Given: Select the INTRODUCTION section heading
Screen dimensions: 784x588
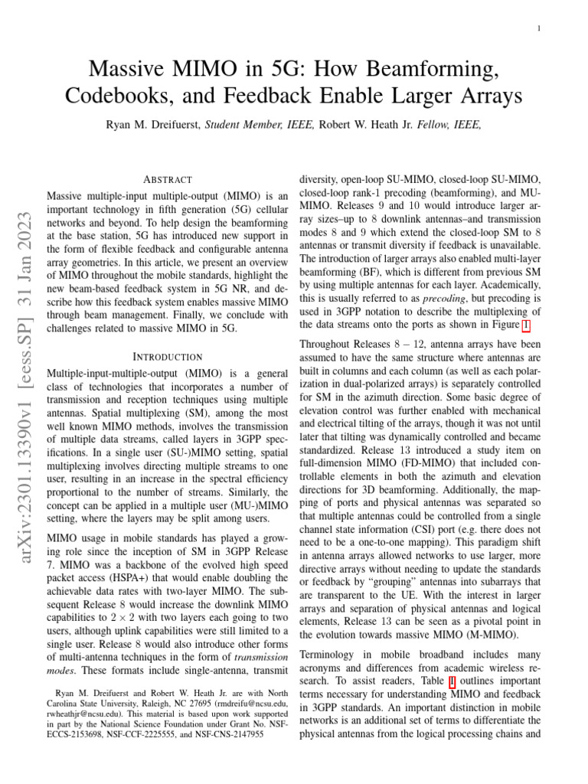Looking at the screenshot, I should click(167, 357).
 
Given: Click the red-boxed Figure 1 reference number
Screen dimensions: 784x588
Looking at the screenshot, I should click(525, 325).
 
